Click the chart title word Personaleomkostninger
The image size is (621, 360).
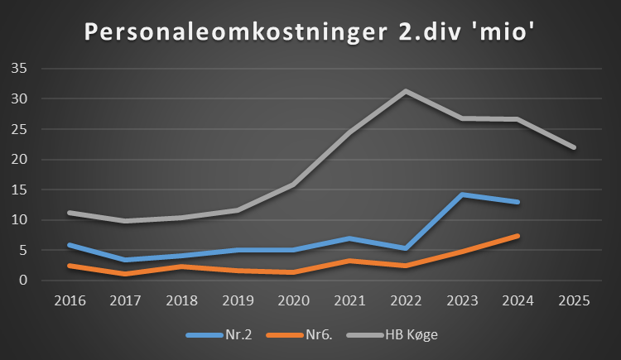coord(236,31)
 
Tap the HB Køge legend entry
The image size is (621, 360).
coord(392,334)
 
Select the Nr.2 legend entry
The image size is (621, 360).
coord(219,334)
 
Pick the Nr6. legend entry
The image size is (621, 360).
coord(300,334)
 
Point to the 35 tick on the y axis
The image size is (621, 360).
coord(19,69)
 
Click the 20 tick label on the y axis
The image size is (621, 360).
coord(19,159)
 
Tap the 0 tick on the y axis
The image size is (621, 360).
coord(23,280)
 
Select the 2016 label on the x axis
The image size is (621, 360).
coord(70,300)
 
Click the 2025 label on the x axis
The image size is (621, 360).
coord(574,300)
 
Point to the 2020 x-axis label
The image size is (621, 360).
coord(293,300)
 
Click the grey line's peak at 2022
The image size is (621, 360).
coord(406,91)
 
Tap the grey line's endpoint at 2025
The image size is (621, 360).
coord(574,147)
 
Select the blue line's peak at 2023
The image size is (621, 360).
coord(462,194)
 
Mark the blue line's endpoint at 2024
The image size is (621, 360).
coord(517,202)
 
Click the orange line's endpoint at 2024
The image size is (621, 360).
coord(517,236)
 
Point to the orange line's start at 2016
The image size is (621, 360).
coord(70,266)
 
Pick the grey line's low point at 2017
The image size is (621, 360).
coord(126,221)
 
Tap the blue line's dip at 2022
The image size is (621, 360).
coord(406,248)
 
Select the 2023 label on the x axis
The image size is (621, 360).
coord(462,300)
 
